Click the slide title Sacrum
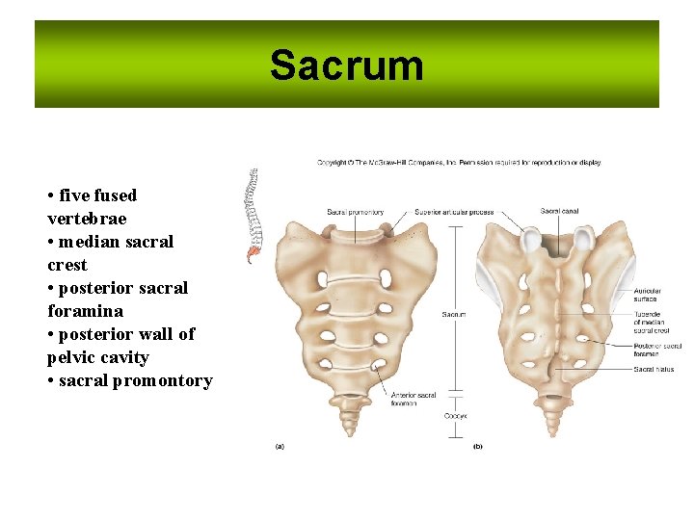point(346,65)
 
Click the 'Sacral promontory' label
point(356,212)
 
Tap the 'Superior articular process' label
point(454,212)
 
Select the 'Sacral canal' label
point(558,212)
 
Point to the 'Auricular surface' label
point(647,295)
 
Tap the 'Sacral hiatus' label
point(654,369)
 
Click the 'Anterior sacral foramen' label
point(414,399)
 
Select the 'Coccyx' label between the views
point(455,415)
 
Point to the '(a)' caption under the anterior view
point(280,446)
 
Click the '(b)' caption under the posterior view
point(477,446)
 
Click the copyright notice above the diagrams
point(459,163)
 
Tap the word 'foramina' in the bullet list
point(85,311)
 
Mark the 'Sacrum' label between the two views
point(454,314)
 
